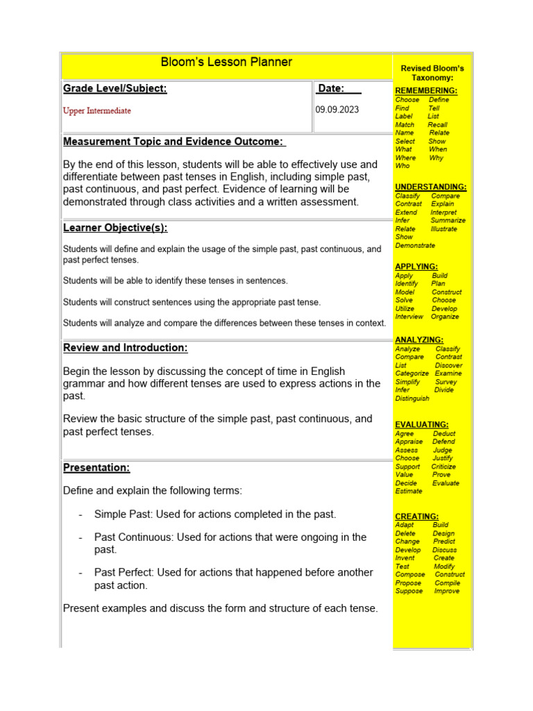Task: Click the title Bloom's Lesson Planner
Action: tap(226, 62)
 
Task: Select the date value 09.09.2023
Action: tap(337, 110)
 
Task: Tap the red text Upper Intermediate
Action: tap(96, 110)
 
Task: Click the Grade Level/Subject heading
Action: tap(115, 88)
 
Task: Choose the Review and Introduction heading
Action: tap(125, 348)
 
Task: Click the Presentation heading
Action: tap(96, 468)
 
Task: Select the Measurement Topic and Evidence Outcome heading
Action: tap(174, 142)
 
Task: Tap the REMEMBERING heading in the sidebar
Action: tap(425, 91)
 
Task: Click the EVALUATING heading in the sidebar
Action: tap(421, 424)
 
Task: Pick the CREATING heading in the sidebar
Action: tap(416, 517)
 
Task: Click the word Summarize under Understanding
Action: tap(448, 221)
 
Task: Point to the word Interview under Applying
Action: tap(409, 317)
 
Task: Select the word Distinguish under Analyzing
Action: tap(412, 399)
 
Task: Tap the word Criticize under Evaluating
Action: tap(443, 467)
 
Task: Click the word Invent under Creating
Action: tap(405, 558)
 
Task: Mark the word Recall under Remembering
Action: tap(437, 125)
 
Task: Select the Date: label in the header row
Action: tap(330, 88)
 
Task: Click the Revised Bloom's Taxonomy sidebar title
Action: tap(432, 73)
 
